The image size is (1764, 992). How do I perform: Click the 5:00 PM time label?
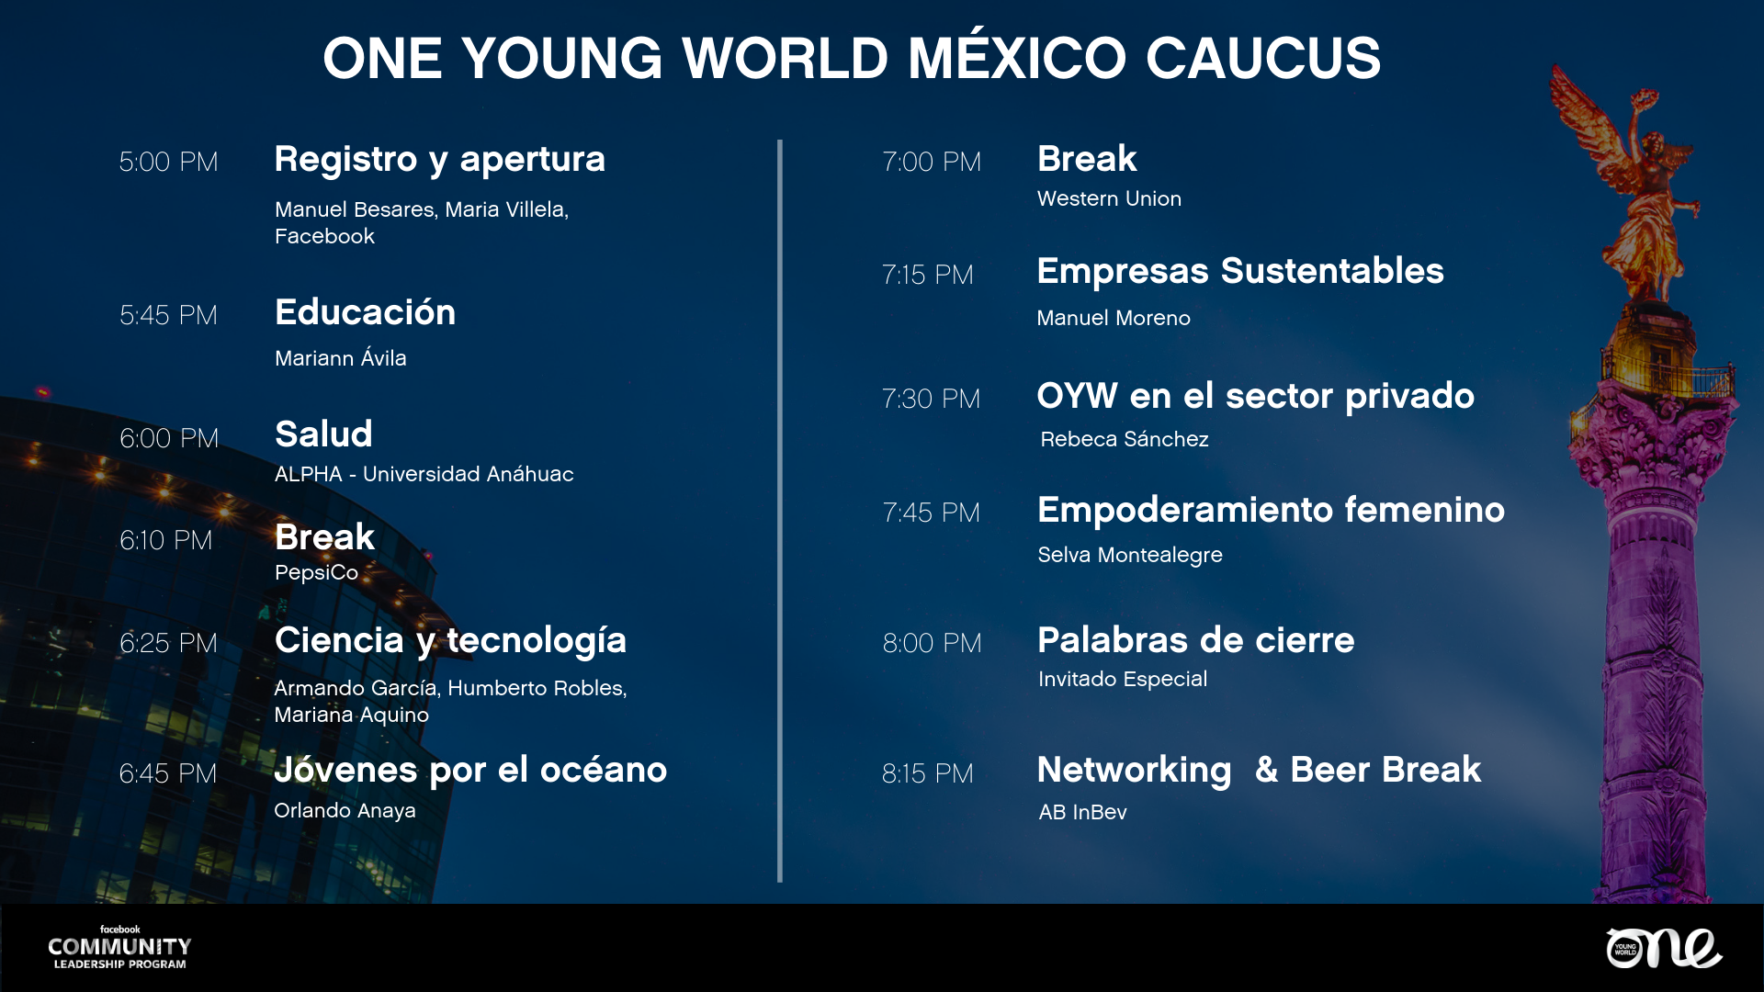[x=169, y=162]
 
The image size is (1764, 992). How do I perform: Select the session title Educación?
[x=366, y=312]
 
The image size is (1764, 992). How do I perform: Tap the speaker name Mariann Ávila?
[x=340, y=357]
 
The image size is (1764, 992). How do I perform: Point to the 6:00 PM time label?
[x=169, y=438]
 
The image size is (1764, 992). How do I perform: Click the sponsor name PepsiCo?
[x=316, y=572]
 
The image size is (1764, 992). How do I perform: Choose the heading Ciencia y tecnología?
[x=450, y=641]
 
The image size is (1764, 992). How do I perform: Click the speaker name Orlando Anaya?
[x=345, y=810]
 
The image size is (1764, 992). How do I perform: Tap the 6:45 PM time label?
[x=168, y=773]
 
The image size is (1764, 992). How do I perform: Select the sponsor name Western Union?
[x=1109, y=198]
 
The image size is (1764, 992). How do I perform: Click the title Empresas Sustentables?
[x=1240, y=271]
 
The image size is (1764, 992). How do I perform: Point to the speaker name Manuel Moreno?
[x=1114, y=318]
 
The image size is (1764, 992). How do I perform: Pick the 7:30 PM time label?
[x=932, y=399]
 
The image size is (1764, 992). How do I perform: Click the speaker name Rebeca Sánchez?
[x=1125, y=439]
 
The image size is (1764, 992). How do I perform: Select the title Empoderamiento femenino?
[x=1271, y=510]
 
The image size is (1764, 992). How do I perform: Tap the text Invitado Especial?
[x=1123, y=679]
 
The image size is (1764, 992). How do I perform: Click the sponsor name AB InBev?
[x=1082, y=812]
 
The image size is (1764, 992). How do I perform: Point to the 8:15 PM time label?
[x=928, y=773]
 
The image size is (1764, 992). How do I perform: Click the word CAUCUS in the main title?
[x=1263, y=58]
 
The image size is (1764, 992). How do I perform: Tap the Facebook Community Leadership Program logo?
[x=119, y=947]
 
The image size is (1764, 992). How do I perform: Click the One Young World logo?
[x=1664, y=948]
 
